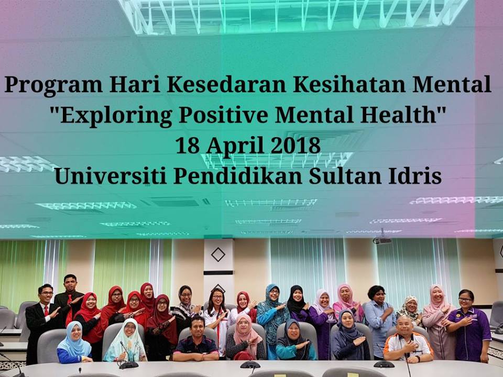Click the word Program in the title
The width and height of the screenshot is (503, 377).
pyautogui.click(x=53, y=85)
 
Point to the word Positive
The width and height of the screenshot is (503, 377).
pyautogui.click(x=224, y=115)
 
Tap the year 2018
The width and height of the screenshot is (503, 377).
pyautogui.click(x=296, y=145)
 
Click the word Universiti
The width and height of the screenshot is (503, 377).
pyautogui.click(x=111, y=176)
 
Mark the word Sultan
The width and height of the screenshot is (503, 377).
pyautogui.click(x=345, y=176)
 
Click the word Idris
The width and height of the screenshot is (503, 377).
pyautogui.click(x=415, y=176)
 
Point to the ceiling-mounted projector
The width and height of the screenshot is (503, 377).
pyautogui.click(x=382, y=240)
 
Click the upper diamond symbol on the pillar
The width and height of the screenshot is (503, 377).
pyautogui.click(x=218, y=254)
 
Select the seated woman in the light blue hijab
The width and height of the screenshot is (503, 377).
pyautogui.click(x=74, y=342)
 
